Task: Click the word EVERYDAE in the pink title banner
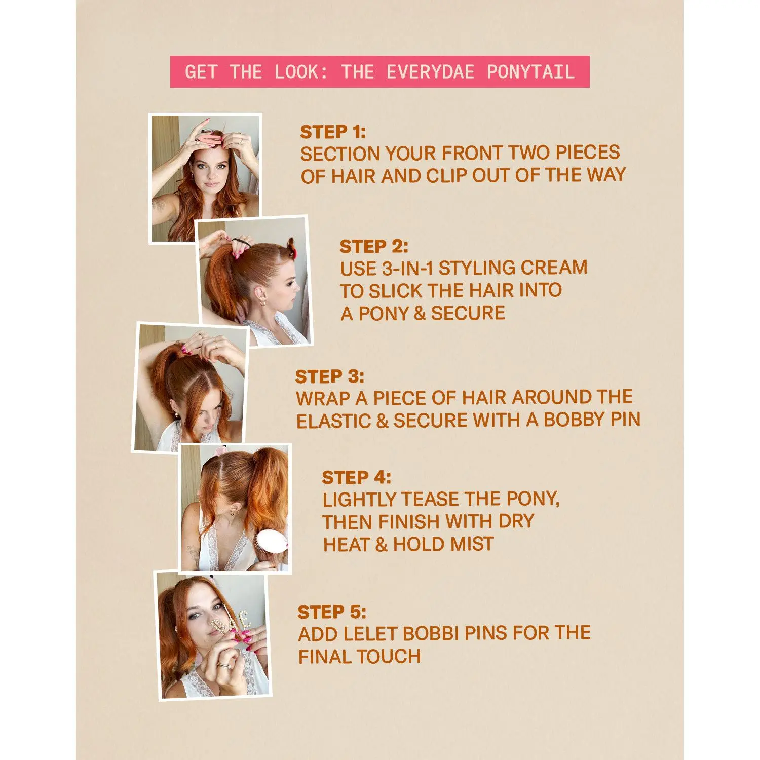[x=430, y=72]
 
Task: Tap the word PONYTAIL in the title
[x=530, y=72]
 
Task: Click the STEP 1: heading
[x=333, y=132]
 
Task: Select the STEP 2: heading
[x=374, y=247]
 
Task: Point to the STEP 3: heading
[x=330, y=376]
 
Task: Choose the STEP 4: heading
[x=357, y=477]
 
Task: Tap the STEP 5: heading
[x=332, y=612]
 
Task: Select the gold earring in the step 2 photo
[x=264, y=302]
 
